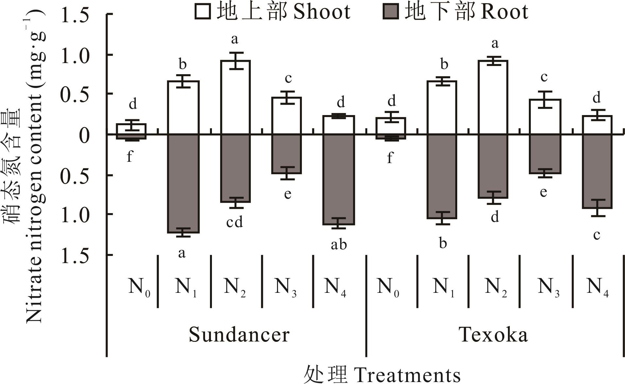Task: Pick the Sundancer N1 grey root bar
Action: (183, 183)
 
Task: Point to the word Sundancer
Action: (239, 335)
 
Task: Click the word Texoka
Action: (494, 335)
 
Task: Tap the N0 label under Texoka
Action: (388, 287)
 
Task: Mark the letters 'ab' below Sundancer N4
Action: (339, 244)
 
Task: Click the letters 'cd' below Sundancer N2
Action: (234, 222)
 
